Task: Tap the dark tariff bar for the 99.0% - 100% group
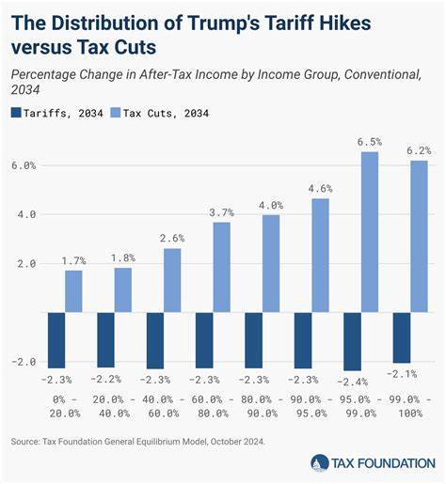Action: coord(402,337)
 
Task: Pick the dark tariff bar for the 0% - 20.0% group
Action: coord(56,339)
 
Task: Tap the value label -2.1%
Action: coord(404,373)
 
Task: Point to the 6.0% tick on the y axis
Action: coord(23,165)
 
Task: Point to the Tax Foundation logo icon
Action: coord(320,462)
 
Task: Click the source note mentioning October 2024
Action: coord(138,441)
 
